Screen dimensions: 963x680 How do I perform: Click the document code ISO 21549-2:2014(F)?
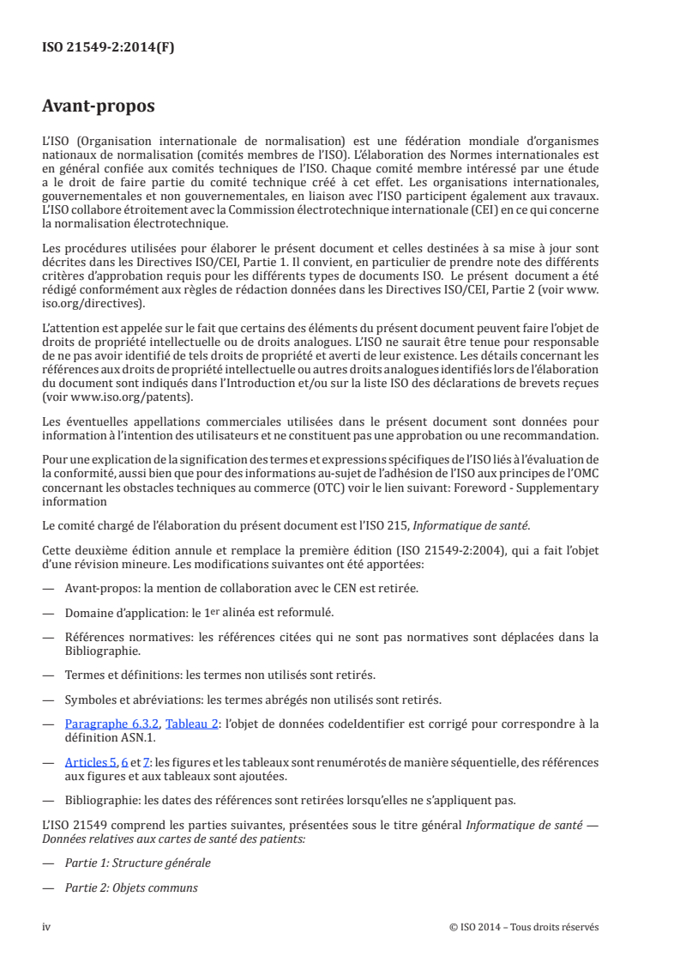point(108,48)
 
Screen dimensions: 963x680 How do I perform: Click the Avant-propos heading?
point(99,107)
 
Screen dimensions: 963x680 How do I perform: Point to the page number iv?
point(47,927)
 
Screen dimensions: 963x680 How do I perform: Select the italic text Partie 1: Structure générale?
point(137,863)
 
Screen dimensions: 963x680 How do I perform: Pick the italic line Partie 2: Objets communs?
point(131,887)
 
